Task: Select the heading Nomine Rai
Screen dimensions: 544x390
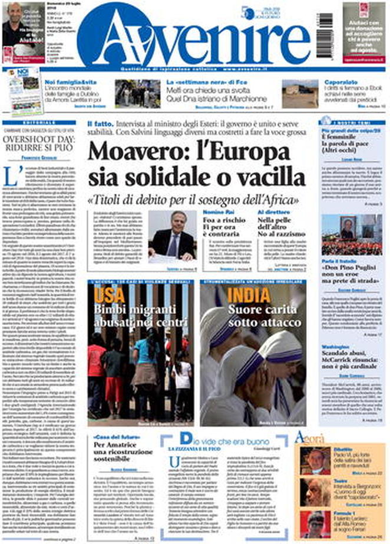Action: [219, 211]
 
